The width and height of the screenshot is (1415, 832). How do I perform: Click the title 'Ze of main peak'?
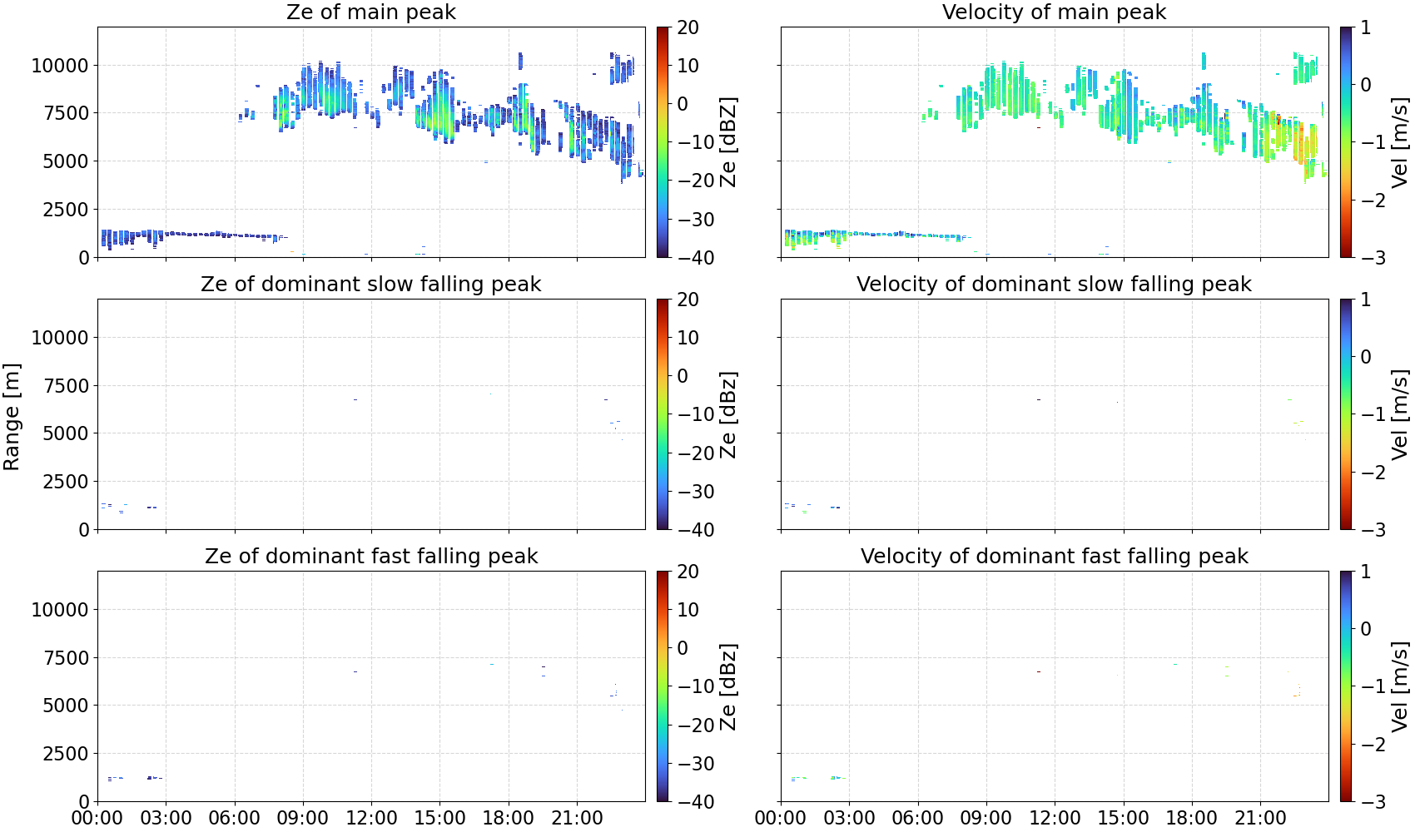(370, 12)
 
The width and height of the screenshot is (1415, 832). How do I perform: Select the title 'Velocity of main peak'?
(1055, 12)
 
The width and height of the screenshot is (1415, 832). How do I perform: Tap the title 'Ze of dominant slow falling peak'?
(370, 284)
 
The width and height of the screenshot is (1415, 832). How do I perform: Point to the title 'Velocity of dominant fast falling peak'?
(1055, 556)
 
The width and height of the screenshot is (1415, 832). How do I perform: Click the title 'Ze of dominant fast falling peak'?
(370, 556)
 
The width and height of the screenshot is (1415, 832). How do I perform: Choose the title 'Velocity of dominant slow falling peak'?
(1055, 284)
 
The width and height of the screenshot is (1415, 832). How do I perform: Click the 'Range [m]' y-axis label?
(12, 417)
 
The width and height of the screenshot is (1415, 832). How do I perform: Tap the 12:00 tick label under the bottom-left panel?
(371, 818)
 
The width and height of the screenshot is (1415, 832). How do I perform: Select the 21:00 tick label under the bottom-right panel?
(1260, 818)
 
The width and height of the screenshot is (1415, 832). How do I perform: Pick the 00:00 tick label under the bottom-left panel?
(97, 818)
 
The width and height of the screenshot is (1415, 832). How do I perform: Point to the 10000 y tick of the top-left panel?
(60, 66)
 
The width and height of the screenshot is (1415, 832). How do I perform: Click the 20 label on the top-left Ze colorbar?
(688, 27)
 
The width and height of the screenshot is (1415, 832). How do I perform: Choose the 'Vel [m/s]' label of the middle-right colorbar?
(1399, 414)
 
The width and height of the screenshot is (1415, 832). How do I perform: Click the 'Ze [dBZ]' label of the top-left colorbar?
(727, 142)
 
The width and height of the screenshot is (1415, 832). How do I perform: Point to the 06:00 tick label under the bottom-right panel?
(918, 818)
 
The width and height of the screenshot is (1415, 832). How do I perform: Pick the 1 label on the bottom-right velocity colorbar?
(1366, 572)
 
